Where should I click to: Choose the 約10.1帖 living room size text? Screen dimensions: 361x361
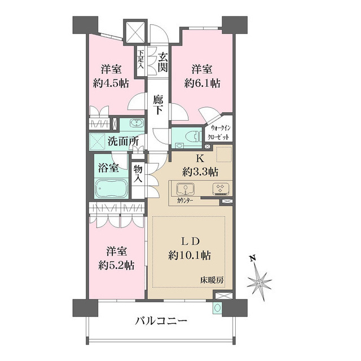(190, 256)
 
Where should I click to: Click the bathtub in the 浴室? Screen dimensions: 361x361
(112, 187)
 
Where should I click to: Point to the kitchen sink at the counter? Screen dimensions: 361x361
(184, 189)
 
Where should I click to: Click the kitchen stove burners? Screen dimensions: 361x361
(218, 189)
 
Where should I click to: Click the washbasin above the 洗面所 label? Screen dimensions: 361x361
(136, 124)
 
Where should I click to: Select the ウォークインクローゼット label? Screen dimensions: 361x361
(218, 133)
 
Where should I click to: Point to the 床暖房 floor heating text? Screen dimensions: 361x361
(215, 280)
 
